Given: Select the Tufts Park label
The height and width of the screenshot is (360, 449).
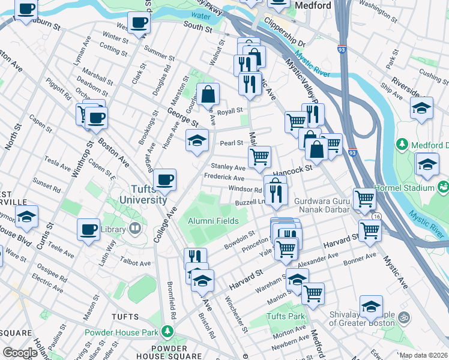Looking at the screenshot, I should [285, 316].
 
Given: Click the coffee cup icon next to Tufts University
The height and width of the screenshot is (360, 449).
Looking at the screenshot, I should [164, 179].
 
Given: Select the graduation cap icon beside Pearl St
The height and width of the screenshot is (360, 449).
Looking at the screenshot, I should [197, 140].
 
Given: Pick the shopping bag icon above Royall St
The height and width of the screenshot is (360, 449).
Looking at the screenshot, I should [208, 94].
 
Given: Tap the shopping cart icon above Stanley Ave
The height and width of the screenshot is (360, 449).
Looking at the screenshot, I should [259, 157].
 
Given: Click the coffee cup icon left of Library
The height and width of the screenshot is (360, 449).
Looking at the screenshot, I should [89, 229].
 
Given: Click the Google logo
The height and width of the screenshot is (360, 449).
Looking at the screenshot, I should [20, 353].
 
